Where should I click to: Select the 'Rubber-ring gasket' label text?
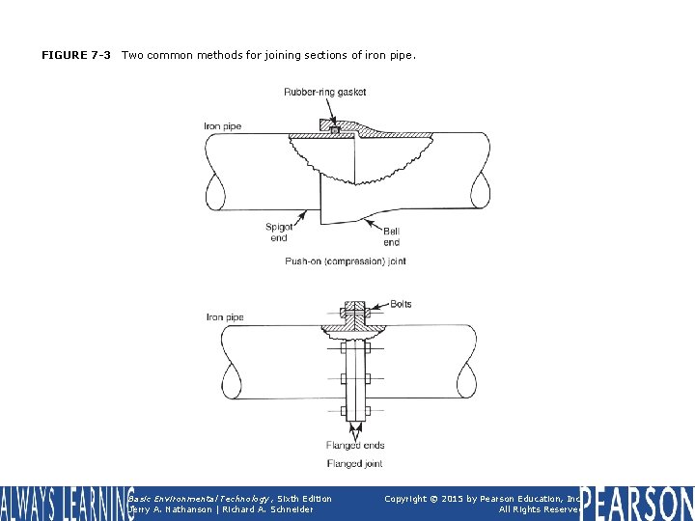tap(324, 93)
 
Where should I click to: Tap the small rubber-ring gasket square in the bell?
tap(333, 128)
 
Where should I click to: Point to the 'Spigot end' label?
tap(279, 233)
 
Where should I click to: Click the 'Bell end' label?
tap(391, 236)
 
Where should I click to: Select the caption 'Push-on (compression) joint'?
tap(345, 260)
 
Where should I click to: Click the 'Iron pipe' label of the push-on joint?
tap(223, 126)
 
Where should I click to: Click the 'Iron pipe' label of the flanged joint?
tap(225, 317)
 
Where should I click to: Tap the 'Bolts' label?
tap(401, 304)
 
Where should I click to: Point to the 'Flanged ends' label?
tap(355, 446)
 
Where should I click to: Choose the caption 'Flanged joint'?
tap(354, 464)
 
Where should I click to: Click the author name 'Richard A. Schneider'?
tap(274, 509)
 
